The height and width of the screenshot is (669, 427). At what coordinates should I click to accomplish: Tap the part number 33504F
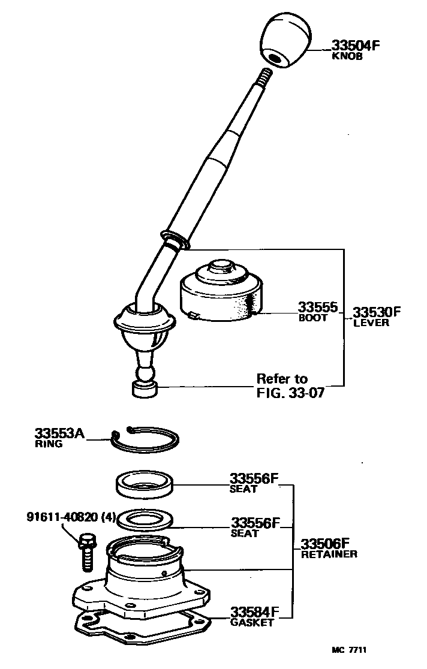click(x=356, y=45)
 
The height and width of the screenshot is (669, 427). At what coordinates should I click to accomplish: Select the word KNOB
click(x=347, y=56)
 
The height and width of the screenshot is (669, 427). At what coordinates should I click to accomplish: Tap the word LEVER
click(x=371, y=323)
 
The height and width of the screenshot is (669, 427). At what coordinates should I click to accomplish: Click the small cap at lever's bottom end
click(x=144, y=390)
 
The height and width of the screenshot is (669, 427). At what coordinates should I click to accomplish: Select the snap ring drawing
click(x=146, y=441)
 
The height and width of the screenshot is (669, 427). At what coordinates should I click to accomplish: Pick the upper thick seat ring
click(x=145, y=484)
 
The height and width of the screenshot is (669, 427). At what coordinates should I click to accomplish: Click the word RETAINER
click(x=329, y=554)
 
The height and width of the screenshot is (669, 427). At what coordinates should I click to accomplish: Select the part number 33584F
click(x=255, y=611)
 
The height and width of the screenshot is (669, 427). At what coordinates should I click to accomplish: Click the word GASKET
click(x=252, y=622)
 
